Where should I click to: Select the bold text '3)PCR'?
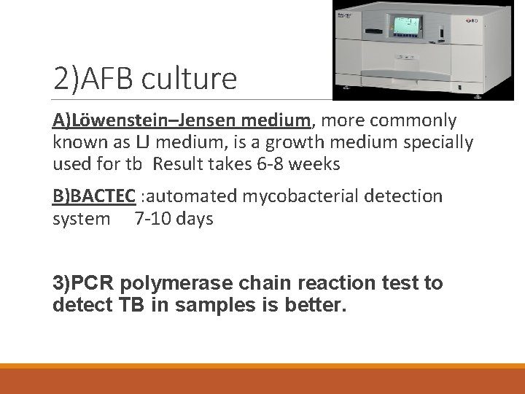pyautogui.click(x=84, y=283)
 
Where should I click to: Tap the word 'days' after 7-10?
pyautogui.click(x=194, y=219)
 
